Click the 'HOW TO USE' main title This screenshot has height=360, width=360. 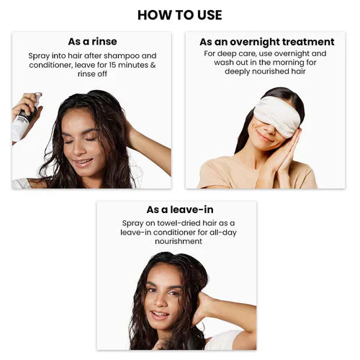179,14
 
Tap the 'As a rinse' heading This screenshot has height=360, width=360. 92,42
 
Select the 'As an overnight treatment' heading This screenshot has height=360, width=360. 266,42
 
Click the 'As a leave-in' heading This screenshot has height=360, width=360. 176,210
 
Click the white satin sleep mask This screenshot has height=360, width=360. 278,115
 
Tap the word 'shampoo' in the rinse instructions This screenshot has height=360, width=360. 124,55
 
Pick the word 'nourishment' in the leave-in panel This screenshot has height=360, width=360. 176,242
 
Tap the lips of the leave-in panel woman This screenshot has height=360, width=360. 160,314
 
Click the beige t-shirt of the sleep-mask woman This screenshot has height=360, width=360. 223,173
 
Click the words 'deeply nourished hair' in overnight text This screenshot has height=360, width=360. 266,72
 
